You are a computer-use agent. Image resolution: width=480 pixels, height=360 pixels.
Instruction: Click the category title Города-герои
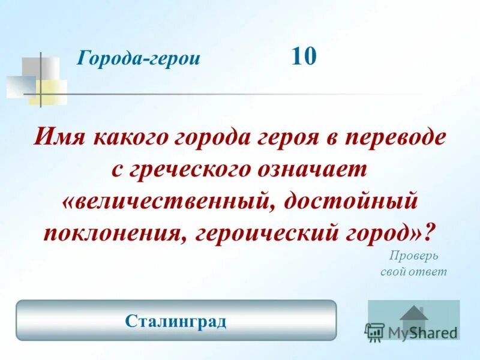click(139, 59)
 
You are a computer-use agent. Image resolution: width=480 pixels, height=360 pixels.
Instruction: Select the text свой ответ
click(414, 271)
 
